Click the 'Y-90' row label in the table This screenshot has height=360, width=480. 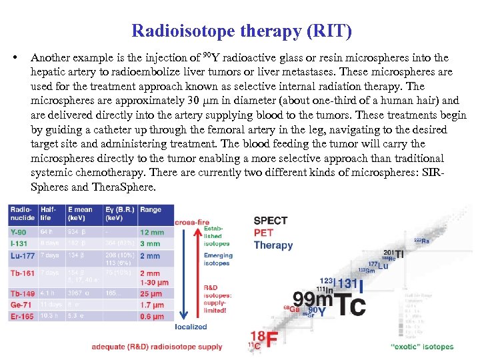click(x=19, y=232)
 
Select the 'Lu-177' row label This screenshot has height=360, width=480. click(x=22, y=256)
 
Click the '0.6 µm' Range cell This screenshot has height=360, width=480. click(x=152, y=317)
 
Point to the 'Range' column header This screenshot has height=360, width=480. click(x=151, y=210)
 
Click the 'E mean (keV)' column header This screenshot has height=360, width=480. click(x=81, y=214)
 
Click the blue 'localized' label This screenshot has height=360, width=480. click(x=191, y=327)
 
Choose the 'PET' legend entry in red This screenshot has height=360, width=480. click(x=263, y=233)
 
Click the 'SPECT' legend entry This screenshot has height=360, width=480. click(x=271, y=221)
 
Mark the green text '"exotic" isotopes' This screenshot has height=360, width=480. click(x=421, y=347)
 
